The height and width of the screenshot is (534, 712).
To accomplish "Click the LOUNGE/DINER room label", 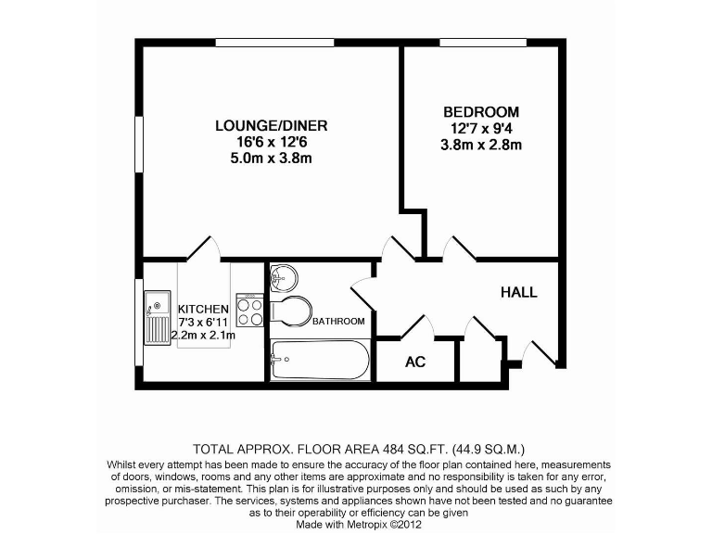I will pyautogui.click(x=271, y=125).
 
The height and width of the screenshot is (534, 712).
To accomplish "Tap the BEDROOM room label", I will pyautogui.click(x=481, y=111).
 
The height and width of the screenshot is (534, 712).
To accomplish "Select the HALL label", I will pyautogui.click(x=518, y=292).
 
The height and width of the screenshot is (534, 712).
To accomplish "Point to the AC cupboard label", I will pyautogui.click(x=415, y=362).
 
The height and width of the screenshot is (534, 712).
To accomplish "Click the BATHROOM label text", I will pyautogui.click(x=338, y=322).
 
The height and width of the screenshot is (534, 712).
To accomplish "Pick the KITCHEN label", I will pyautogui.click(x=203, y=309).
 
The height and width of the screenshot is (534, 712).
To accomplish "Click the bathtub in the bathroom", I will pyautogui.click(x=319, y=359).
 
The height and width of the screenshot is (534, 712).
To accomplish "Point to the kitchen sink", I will pyautogui.click(x=155, y=316).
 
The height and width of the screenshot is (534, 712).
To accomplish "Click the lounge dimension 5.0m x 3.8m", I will pyautogui.click(x=271, y=159).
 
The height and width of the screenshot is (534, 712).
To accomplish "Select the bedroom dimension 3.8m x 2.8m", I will pyautogui.click(x=481, y=145).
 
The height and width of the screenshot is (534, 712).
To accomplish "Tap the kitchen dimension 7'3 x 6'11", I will pyautogui.click(x=204, y=322).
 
